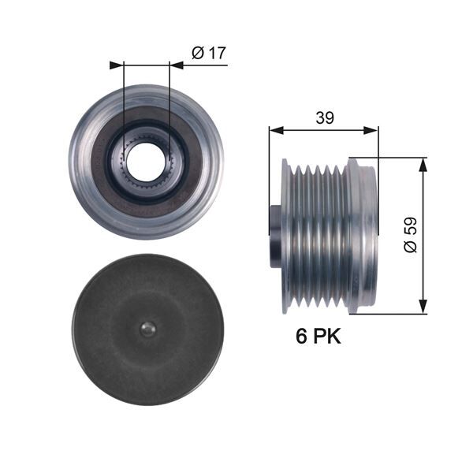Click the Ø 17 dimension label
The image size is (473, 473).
point(209,53)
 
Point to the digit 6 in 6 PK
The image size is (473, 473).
point(300,337)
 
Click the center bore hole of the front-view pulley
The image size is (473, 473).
point(147,161)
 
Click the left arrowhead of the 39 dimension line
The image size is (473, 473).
point(274,129)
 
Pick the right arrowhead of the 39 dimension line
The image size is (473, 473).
point(373,129)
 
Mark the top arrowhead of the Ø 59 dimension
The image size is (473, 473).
point(424,162)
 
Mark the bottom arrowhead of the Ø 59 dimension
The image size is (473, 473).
point(424,308)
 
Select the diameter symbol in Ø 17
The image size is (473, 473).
point(199,53)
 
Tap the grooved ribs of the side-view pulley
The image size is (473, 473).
point(319,235)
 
